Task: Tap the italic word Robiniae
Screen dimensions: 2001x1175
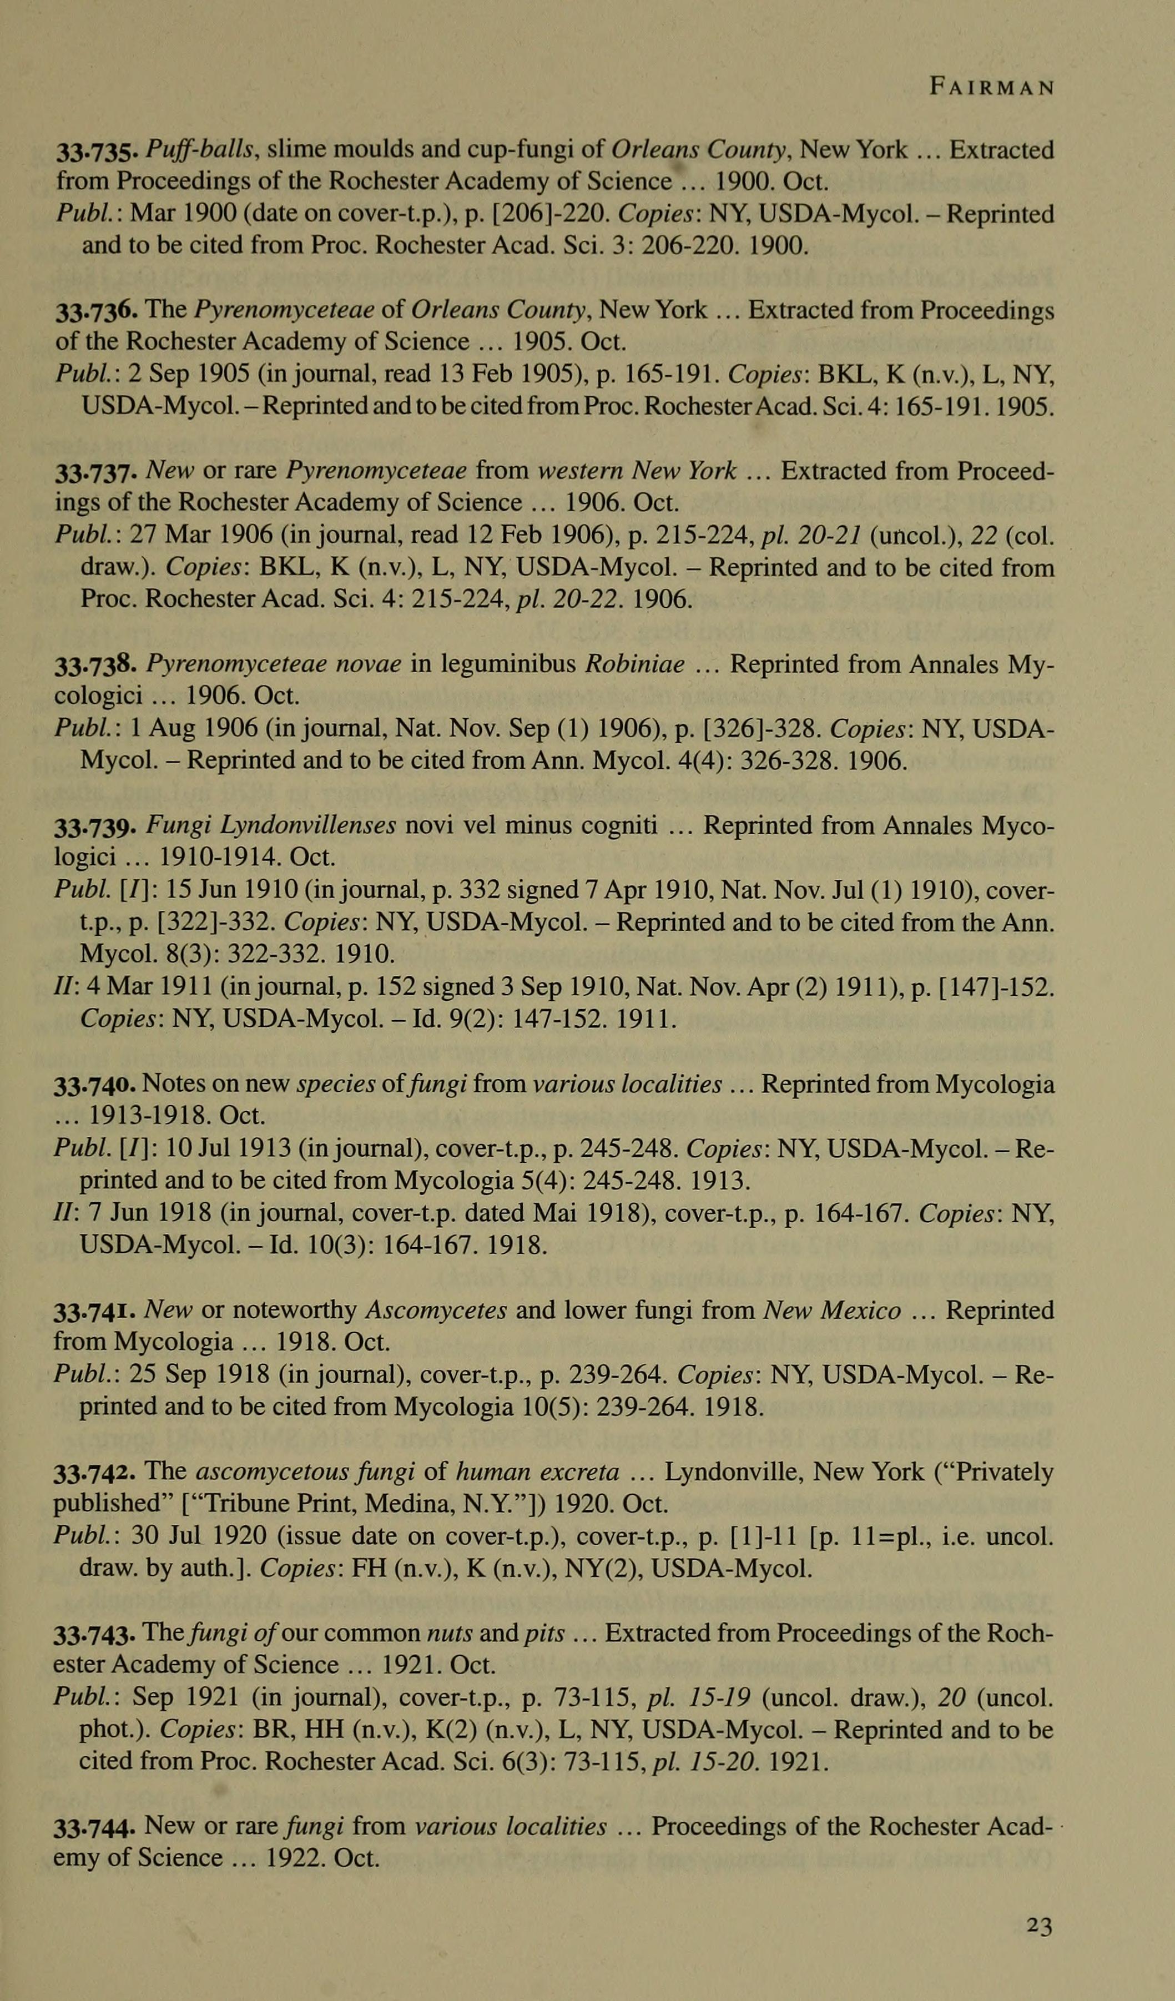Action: (634, 664)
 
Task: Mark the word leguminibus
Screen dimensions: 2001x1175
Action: (492, 664)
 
